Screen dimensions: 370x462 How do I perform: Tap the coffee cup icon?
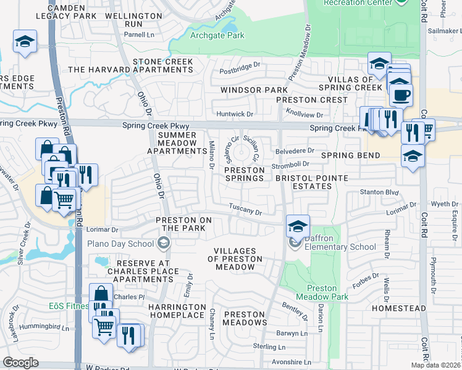[x=401, y=96]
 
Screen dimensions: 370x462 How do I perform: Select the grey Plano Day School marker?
[x=163, y=243]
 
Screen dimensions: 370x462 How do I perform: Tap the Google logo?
[x=20, y=363]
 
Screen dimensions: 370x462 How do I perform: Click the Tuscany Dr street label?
[x=246, y=210]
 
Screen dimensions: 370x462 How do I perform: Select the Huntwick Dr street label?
[x=235, y=114]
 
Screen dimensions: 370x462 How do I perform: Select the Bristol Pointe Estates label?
[x=312, y=182]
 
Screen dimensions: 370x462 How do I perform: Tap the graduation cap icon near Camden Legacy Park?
[x=25, y=42]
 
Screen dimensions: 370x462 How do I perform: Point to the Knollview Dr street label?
[x=304, y=114]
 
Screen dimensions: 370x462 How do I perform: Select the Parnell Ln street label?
[x=140, y=35]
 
